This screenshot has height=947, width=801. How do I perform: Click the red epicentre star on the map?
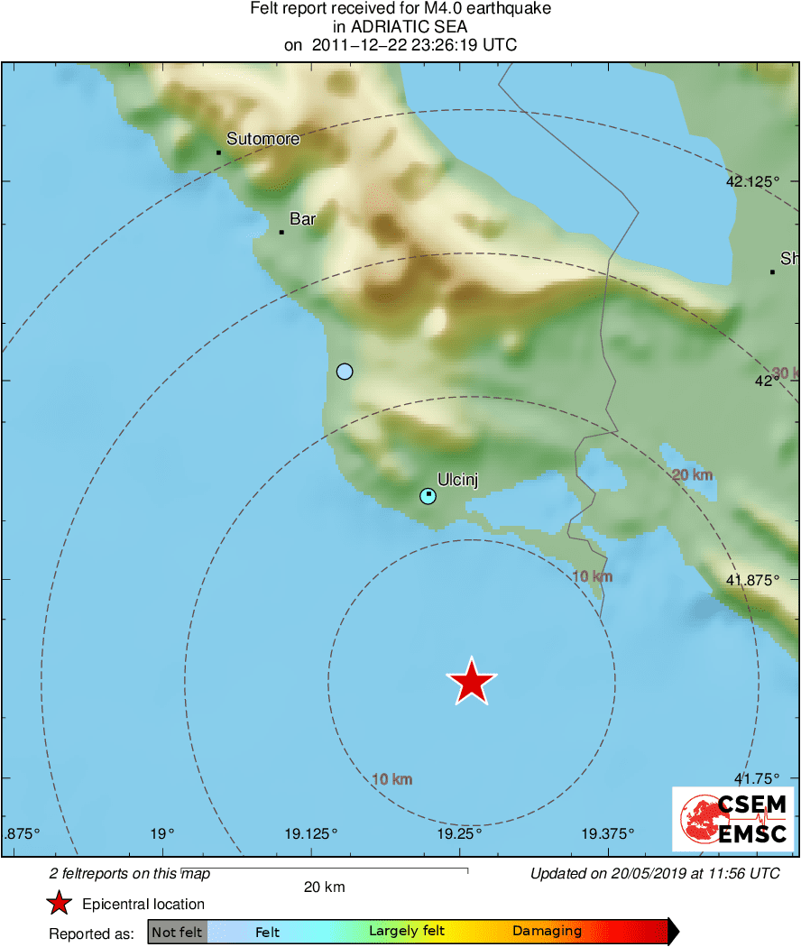472,682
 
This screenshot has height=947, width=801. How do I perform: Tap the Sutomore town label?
262,139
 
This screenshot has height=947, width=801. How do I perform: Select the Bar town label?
302,218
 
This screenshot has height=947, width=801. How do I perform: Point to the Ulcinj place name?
456,480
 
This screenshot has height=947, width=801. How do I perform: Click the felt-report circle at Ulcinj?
428,495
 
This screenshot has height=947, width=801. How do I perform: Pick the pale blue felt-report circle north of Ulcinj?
344,371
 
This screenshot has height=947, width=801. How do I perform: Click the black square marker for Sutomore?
218,152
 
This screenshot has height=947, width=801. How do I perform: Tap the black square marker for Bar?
281,233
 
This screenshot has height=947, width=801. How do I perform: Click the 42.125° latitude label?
752,181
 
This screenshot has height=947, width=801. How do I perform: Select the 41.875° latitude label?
752,580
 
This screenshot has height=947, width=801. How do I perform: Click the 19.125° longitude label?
310,832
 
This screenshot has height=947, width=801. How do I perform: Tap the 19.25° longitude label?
459,832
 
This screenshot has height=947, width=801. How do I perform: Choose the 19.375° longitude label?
608,832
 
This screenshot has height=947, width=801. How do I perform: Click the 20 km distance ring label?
693,475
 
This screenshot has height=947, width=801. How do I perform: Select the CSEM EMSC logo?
733,818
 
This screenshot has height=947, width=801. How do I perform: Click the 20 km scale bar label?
324,887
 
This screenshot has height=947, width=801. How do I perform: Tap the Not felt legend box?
177,932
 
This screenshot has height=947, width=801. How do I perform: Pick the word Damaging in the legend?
547,932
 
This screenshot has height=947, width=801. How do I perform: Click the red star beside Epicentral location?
59,904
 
